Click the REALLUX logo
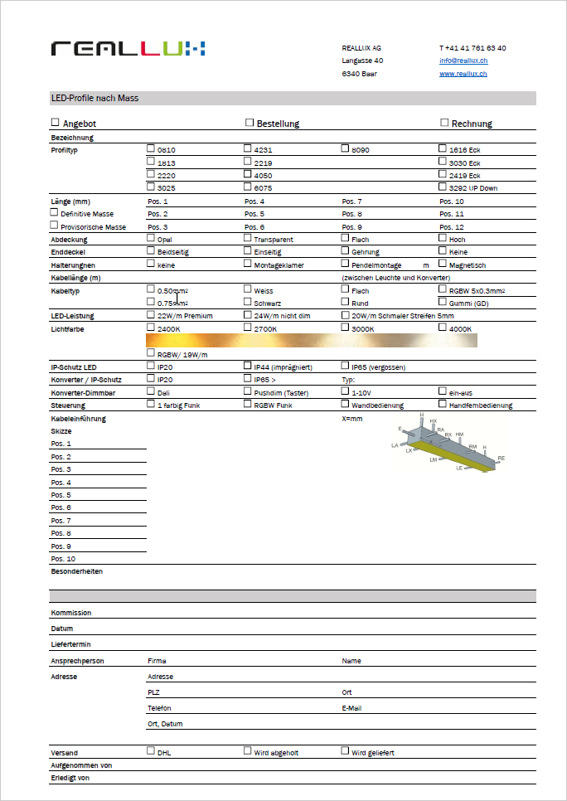tap(128, 48)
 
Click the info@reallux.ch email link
tap(463, 61)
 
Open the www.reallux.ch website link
tap(463, 74)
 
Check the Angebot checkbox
tap(56, 123)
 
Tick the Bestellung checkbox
tap(249, 123)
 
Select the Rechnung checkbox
tap(443, 123)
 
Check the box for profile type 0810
tap(151, 148)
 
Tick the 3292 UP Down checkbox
tap(443, 187)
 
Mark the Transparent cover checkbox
tap(248, 238)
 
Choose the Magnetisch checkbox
tap(443, 264)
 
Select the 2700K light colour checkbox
tap(248, 328)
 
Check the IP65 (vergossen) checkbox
tap(345, 365)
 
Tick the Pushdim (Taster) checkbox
tap(248, 391)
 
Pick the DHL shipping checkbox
tap(151, 750)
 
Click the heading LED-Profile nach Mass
tap(94, 98)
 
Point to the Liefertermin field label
tap(70, 643)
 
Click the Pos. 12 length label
tap(452, 227)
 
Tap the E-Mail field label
tap(351, 708)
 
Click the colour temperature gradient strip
tap(311, 340)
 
